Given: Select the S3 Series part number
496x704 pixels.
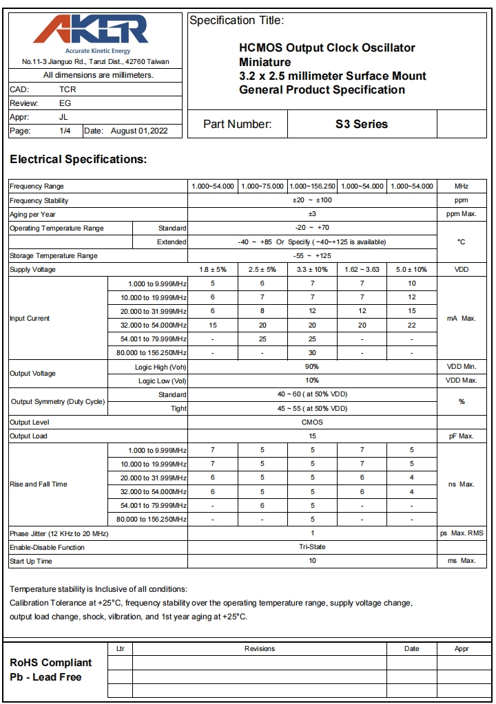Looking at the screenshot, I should coord(362,125).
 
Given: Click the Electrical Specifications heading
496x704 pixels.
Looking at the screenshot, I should coord(79,160).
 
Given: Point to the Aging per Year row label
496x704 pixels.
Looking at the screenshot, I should coord(32,215).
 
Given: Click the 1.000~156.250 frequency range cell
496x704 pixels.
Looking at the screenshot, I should coord(312,186).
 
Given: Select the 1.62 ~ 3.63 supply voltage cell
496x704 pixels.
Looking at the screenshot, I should coord(362,270).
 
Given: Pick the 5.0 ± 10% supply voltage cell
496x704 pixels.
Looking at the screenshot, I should coord(411,270).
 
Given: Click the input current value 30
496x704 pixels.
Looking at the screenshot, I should coord(312,353).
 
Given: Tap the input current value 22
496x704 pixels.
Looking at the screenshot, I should coord(411,325).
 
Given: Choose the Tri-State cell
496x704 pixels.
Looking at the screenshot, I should coord(312,548).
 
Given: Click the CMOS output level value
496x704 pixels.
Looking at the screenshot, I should coord(312,423).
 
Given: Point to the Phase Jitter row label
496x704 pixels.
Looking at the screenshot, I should coord(59,534).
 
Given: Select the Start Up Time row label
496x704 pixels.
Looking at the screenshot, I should coord(32,562).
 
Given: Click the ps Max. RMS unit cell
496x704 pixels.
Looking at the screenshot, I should coord(462,534).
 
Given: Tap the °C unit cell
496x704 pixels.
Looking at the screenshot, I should coord(462,242).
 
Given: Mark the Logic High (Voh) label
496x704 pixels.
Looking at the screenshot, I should coord(161,367).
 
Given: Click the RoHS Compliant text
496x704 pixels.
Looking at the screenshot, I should coord(50,663).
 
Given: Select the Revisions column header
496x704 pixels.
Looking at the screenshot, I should coord(260,649).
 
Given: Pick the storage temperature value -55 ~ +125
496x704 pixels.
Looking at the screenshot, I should coord(312,256).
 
